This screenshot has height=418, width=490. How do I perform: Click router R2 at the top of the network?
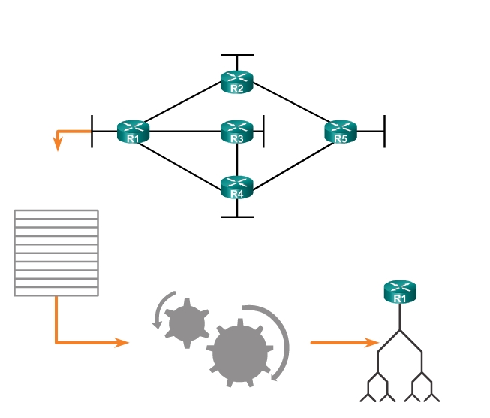pos(237,81)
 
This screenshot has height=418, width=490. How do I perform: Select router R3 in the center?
pos(237,132)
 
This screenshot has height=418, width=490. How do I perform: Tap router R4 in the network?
pos(237,187)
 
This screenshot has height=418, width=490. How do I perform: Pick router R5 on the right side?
pos(341,132)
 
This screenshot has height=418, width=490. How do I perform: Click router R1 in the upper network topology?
pos(134,132)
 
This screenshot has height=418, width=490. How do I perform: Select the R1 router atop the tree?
pos(399,292)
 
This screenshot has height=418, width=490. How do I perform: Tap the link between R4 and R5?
pos(290,160)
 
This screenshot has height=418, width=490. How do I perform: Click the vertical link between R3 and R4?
pos(237,159)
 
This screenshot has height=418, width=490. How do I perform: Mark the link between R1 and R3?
pos(185,132)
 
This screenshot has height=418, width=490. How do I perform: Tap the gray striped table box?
pos(56,253)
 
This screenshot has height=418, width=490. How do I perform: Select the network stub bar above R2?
pos(237,55)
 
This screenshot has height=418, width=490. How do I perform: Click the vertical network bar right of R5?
pos(384,132)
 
